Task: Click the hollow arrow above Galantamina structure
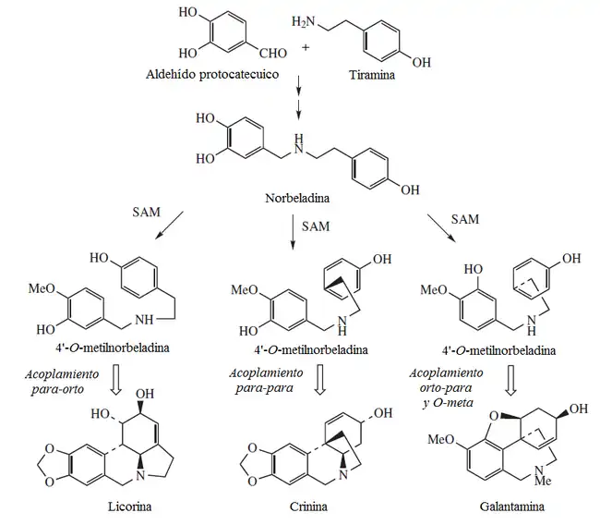(510, 380)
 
